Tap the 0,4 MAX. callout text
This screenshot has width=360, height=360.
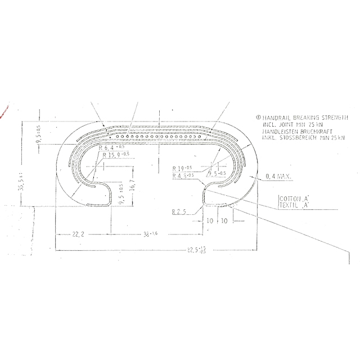tap(277, 178)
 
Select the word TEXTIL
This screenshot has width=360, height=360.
tap(290, 206)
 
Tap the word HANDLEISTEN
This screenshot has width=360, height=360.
tap(276, 131)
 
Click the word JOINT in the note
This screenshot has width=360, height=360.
tap(287, 124)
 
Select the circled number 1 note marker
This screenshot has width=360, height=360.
tap(257, 118)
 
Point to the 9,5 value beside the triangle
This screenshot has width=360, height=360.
tap(217, 174)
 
